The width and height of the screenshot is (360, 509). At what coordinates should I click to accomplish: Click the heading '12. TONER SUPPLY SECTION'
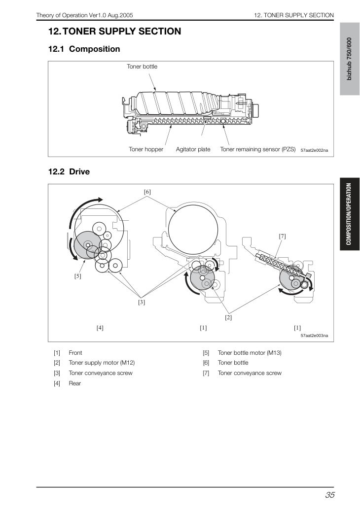point(115,32)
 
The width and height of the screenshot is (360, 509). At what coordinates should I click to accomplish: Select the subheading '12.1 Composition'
point(84,49)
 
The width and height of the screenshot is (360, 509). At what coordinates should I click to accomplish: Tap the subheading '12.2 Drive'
point(69,172)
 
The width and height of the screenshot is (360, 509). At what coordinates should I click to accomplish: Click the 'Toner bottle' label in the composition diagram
point(142,67)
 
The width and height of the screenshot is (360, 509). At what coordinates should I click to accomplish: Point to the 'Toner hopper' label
point(146,149)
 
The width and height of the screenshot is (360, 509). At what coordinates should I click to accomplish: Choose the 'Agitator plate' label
point(193,149)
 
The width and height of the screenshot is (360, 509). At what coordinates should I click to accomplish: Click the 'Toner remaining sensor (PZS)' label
point(258,149)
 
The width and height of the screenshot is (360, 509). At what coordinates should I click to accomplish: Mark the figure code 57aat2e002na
point(314,150)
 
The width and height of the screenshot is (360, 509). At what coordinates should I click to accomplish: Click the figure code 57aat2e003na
point(314,336)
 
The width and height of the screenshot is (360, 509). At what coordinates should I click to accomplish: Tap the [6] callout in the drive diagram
point(147,192)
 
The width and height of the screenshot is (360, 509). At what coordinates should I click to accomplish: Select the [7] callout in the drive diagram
point(283,237)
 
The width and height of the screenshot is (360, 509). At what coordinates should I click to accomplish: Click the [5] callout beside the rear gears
point(77,276)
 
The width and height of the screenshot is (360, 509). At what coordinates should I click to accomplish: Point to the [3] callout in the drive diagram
point(142,302)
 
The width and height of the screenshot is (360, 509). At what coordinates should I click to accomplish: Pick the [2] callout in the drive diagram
point(228,317)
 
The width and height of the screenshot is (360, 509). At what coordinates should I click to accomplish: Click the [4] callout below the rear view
point(100,328)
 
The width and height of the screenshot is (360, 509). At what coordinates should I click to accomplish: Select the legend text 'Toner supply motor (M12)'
point(102,363)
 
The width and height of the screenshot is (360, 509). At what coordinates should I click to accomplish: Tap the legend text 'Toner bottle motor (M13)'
point(250,353)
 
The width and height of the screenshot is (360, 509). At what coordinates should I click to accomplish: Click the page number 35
point(330,495)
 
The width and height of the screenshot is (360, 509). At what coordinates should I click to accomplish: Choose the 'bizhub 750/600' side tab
point(349,59)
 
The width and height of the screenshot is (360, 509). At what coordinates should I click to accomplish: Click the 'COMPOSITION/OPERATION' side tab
point(349,214)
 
